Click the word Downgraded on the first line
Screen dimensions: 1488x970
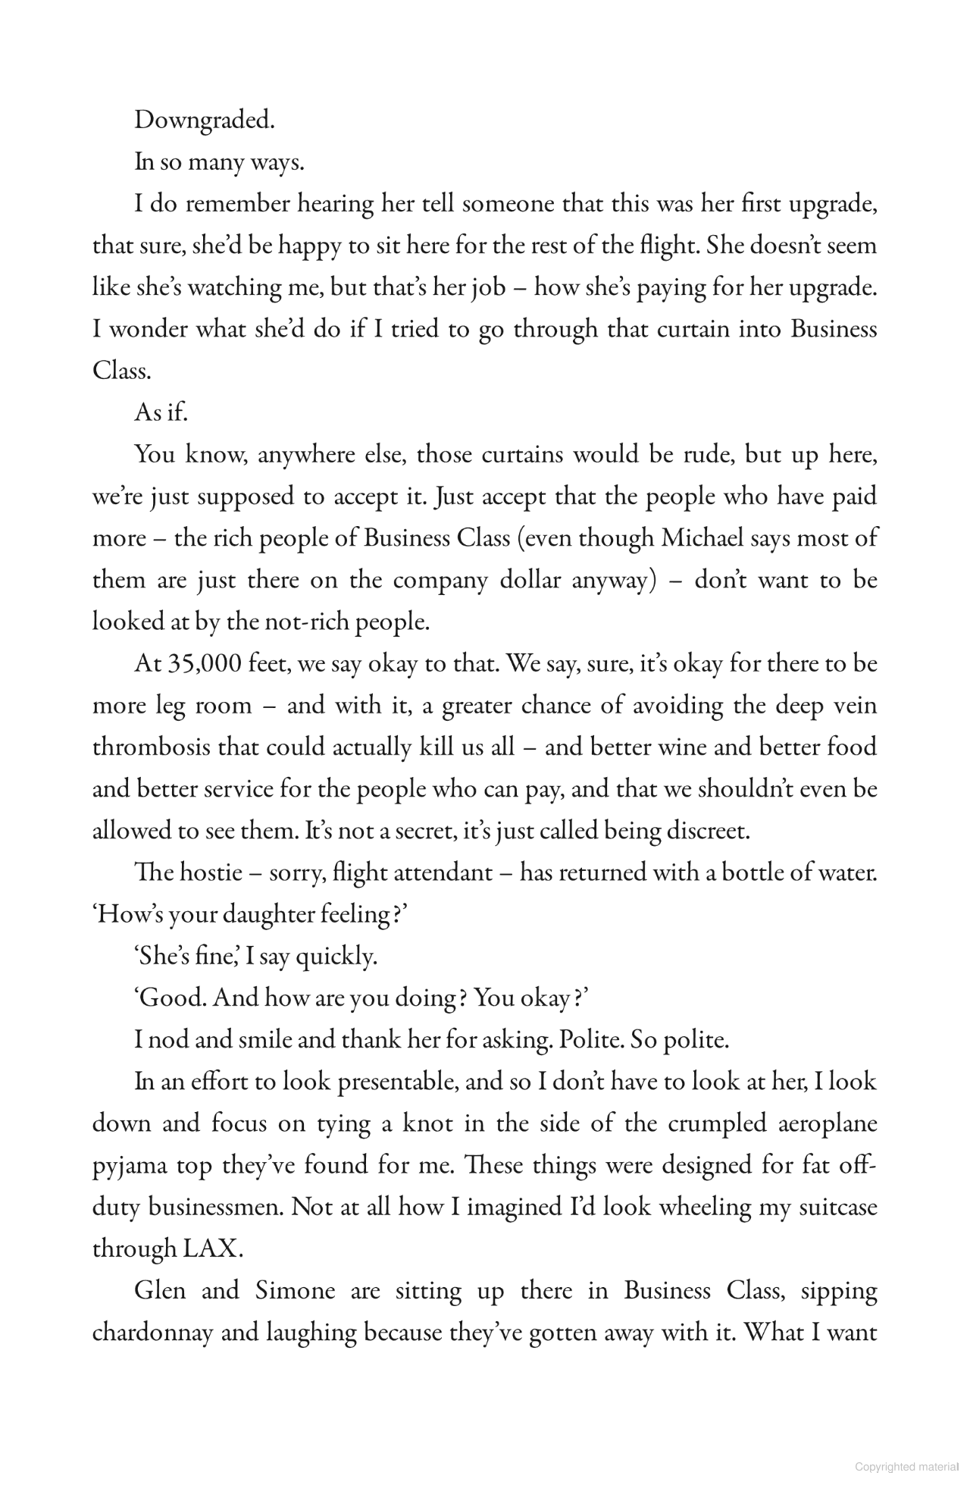tap(204, 121)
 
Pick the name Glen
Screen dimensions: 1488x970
tap(159, 1290)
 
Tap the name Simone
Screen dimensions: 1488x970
tap(295, 1290)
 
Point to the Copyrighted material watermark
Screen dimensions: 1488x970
tap(906, 1467)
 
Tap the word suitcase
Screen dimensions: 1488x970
tap(838, 1207)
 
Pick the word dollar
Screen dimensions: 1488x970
tap(530, 580)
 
